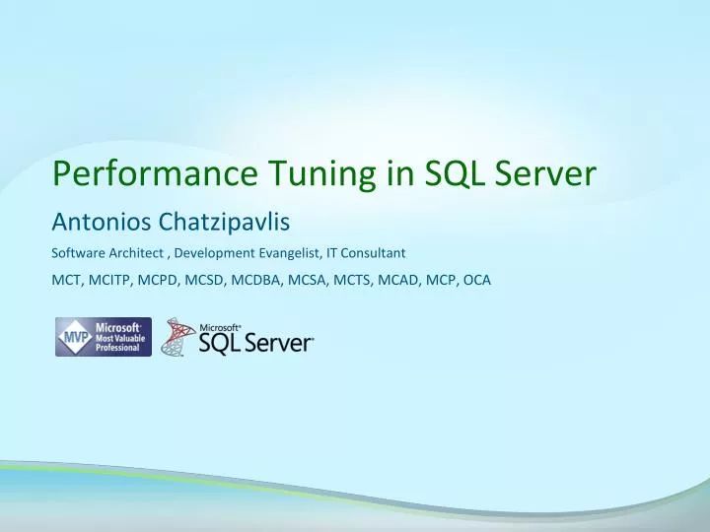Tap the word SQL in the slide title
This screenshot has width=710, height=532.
tap(456, 173)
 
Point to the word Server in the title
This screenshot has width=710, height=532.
tap(547, 173)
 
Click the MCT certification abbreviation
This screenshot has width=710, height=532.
tap(65, 280)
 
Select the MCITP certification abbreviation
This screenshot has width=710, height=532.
tap(110, 280)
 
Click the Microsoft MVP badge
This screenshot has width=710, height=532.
tap(104, 337)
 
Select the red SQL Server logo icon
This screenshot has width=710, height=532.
tap(177, 337)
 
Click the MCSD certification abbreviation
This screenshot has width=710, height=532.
tap(205, 280)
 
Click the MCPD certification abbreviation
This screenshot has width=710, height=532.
tap(160, 280)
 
